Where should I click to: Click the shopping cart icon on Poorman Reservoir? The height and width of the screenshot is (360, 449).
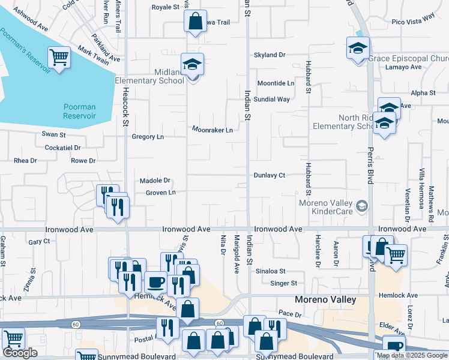(x=59, y=58)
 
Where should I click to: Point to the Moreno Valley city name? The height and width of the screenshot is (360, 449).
(x=325, y=299)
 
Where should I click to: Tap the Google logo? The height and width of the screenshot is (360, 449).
(x=20, y=353)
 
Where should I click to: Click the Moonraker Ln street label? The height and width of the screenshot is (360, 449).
(x=212, y=130)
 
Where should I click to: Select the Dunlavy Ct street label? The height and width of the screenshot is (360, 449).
(x=268, y=175)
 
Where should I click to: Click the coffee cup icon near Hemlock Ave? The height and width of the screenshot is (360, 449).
(x=156, y=281)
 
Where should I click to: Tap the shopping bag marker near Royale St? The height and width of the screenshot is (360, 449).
(x=195, y=22)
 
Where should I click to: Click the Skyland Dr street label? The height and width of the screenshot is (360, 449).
(x=270, y=55)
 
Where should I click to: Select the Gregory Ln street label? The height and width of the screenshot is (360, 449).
(x=148, y=137)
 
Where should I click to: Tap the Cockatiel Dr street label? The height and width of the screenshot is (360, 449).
(x=62, y=147)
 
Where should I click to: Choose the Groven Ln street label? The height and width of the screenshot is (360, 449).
(x=160, y=193)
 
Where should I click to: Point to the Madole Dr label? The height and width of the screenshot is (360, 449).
(x=155, y=180)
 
